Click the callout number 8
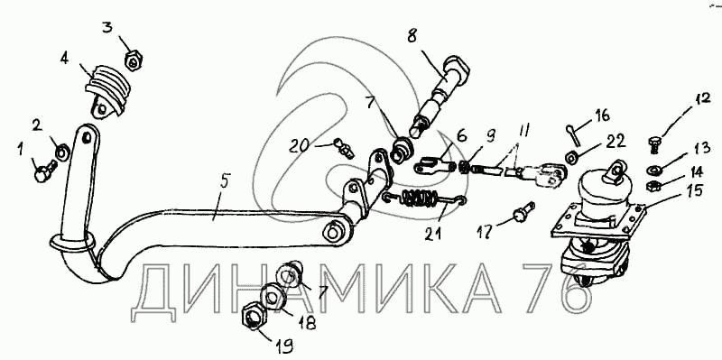tap(412, 36)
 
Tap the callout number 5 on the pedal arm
tap(224, 181)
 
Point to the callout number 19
tap(285, 346)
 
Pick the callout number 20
tap(300, 146)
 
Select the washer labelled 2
tap(62, 151)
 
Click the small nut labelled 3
tap(134, 60)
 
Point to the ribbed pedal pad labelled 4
tap(106, 91)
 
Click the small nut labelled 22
tap(572, 157)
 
